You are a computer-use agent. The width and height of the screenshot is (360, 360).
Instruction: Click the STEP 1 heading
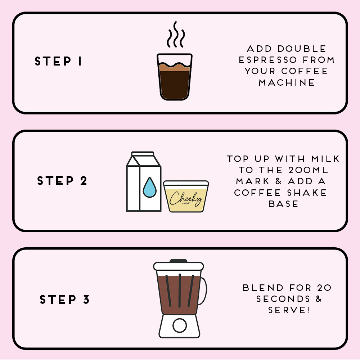[x=58, y=62]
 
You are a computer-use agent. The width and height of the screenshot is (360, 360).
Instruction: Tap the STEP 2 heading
[x=62, y=181]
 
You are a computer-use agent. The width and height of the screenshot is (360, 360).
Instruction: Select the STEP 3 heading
[x=64, y=300]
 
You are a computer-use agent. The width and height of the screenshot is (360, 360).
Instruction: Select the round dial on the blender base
[x=179, y=326]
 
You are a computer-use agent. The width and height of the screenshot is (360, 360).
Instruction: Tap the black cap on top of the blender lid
[x=179, y=261]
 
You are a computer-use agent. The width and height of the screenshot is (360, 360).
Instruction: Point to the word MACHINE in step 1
[x=287, y=82]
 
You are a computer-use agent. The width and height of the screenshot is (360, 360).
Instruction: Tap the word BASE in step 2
[x=283, y=204]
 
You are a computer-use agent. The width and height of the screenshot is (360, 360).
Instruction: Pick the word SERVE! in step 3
[x=289, y=310]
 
